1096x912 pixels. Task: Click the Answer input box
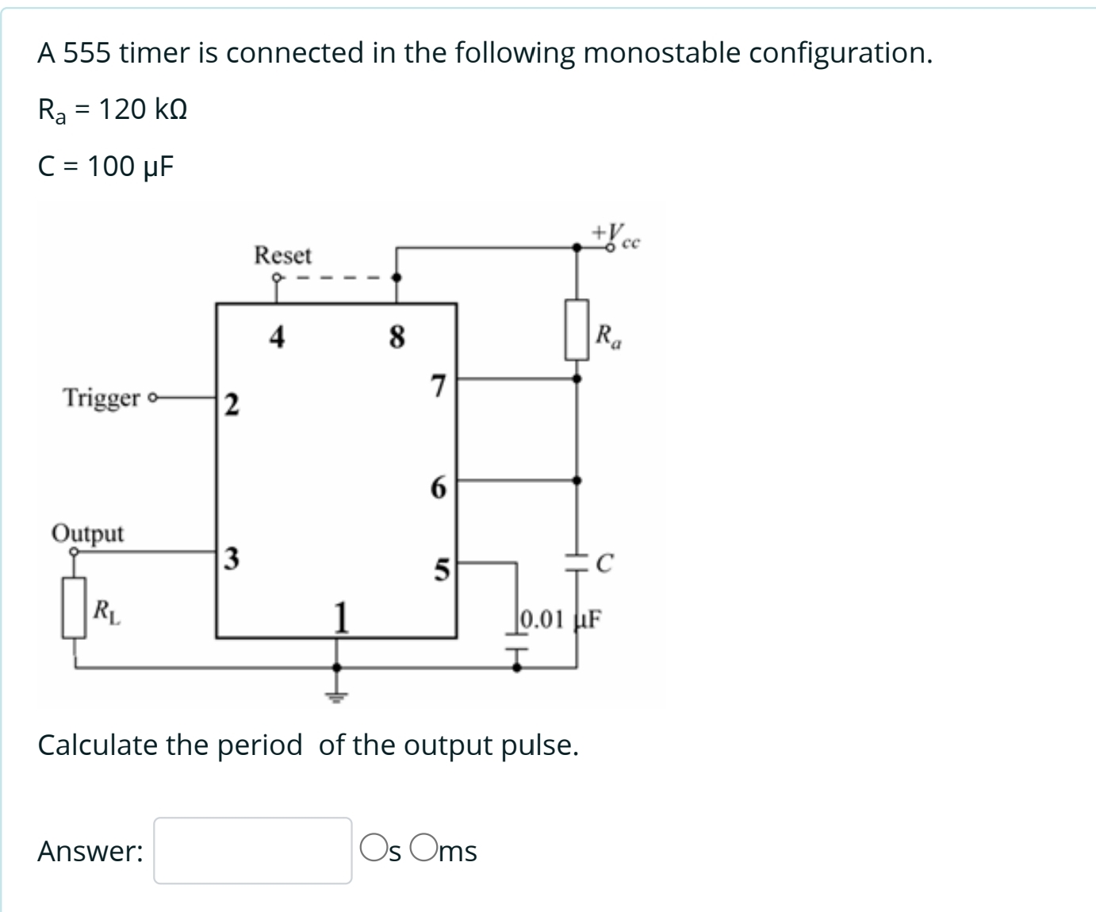click(252, 850)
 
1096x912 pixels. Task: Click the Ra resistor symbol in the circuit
click(577, 329)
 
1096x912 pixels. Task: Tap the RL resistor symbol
click(75, 607)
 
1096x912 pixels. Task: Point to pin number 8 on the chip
click(397, 338)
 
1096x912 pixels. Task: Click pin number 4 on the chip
click(276, 338)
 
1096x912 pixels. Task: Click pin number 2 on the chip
click(229, 404)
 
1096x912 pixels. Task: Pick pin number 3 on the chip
click(229, 558)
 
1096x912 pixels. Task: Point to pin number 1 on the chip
click(340, 617)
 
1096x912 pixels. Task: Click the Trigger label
click(102, 397)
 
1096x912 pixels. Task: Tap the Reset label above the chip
click(283, 255)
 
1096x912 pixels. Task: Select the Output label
click(87, 533)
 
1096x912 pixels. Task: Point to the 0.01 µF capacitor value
click(560, 617)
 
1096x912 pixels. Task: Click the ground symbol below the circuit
click(337, 697)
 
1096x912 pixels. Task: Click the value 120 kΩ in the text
click(143, 109)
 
